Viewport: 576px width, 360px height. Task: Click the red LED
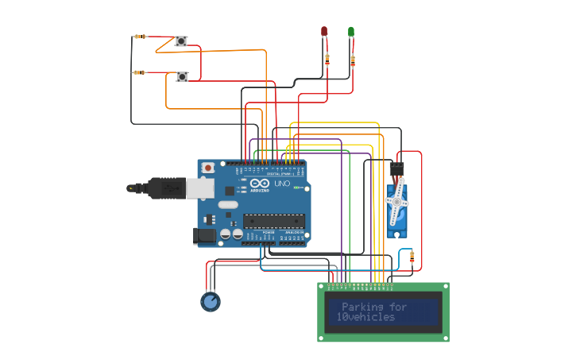324,32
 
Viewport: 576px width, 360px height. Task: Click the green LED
351,32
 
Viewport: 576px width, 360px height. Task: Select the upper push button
181,41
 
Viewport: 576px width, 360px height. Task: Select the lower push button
182,77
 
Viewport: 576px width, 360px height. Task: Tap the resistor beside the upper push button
140,37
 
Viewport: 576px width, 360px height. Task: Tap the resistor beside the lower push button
140,72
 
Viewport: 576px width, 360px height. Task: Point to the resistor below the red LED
327,58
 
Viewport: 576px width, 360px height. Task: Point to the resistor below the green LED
353,60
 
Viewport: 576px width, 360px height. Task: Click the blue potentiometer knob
210,302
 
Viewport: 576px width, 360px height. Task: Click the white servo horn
396,203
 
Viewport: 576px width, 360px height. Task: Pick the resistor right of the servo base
412,257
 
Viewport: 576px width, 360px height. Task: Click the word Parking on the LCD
362,307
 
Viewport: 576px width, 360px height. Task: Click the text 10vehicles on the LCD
365,317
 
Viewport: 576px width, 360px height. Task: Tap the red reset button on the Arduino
208,168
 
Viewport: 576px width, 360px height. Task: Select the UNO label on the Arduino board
282,184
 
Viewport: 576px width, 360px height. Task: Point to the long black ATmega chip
273,220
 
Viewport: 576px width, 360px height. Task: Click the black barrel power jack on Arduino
205,235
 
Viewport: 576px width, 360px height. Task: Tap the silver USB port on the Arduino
199,188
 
